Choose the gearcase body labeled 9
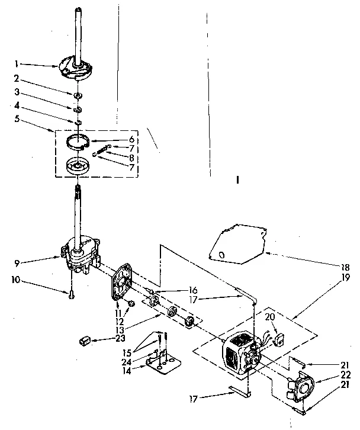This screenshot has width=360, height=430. (81, 251)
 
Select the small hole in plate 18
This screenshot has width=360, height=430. (221, 254)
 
